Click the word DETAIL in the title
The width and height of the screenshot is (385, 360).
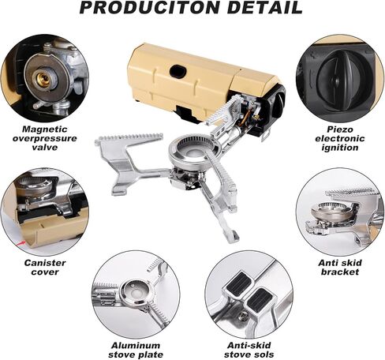(x=265, y=7)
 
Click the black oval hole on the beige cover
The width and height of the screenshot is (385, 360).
(x=178, y=71)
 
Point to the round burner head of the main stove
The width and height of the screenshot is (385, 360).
(x=195, y=152)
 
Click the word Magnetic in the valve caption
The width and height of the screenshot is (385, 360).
(x=45, y=129)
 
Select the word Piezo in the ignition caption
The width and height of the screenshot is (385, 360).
(x=340, y=129)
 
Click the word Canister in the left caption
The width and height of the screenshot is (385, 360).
(x=45, y=263)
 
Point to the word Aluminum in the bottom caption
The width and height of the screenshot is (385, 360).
(x=136, y=346)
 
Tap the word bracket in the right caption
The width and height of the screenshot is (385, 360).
(x=340, y=272)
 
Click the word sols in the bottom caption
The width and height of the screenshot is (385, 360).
(x=263, y=354)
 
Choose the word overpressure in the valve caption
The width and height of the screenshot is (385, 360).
(x=45, y=138)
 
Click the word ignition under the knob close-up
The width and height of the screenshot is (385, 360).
(x=340, y=148)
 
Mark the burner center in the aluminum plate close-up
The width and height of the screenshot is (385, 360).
(x=135, y=292)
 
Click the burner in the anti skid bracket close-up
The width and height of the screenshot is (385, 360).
(x=332, y=211)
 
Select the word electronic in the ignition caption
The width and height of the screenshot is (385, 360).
(x=340, y=138)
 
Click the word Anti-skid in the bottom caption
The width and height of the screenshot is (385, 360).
(x=249, y=346)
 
